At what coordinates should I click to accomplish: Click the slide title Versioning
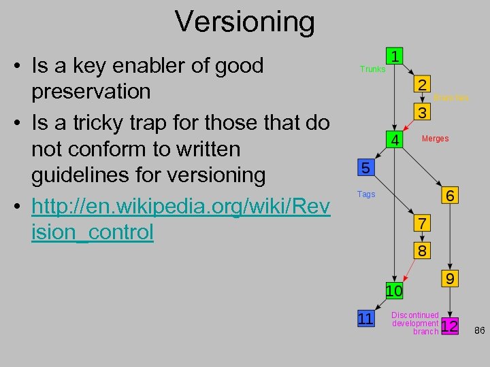tap(245, 21)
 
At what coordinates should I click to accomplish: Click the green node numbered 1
tap(395, 54)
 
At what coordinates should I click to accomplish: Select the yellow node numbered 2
tap(422, 86)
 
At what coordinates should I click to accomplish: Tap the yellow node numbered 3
tap(422, 111)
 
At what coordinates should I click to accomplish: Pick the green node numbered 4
tap(394, 140)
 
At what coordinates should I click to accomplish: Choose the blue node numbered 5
tap(366, 168)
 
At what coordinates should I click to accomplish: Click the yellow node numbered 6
tap(451, 194)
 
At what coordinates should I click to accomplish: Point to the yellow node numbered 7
tap(422, 224)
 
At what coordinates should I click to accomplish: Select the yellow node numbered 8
tap(422, 250)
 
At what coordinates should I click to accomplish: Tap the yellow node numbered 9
tap(450, 279)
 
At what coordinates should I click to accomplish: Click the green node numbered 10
tap(394, 290)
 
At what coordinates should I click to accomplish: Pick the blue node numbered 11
tap(366, 318)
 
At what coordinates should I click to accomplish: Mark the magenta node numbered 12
tap(449, 327)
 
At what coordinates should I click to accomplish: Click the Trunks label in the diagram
tap(372, 69)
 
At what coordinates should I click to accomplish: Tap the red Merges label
tap(435, 139)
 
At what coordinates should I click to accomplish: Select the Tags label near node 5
tap(366, 194)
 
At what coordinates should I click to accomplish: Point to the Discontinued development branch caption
tap(415, 324)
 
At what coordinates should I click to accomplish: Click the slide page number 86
tap(479, 330)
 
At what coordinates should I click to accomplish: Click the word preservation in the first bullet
tap(91, 91)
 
